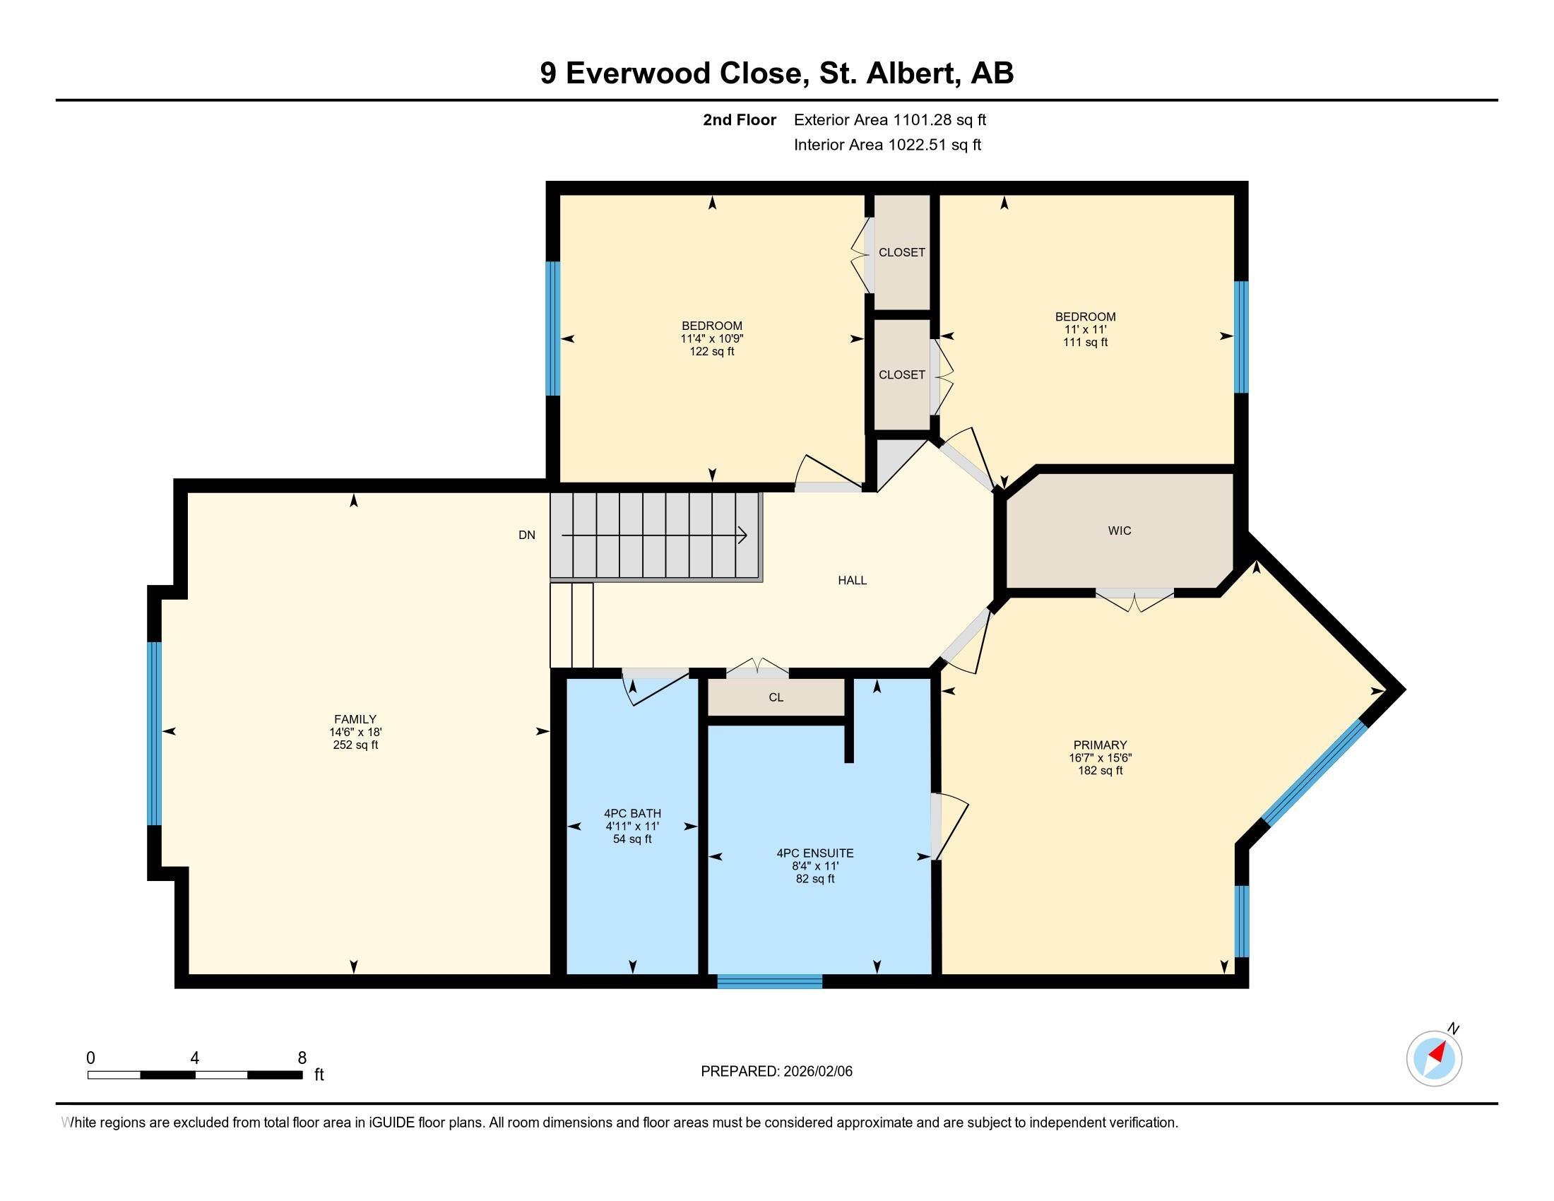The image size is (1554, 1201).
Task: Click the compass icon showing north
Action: (x=1434, y=1058)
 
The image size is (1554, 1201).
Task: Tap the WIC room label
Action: (x=1120, y=531)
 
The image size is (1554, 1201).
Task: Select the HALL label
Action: (x=852, y=581)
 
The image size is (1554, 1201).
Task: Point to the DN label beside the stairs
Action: (x=526, y=535)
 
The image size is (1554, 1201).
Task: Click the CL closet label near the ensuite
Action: (x=776, y=697)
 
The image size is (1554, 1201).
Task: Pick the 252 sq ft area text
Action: (x=355, y=745)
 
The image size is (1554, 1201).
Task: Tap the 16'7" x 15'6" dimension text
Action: (x=1100, y=758)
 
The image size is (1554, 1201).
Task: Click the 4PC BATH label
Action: (x=633, y=813)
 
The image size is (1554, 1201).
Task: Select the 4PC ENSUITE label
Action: (x=814, y=853)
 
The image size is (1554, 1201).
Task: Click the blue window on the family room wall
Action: (x=155, y=733)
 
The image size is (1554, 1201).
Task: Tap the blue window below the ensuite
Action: (x=770, y=981)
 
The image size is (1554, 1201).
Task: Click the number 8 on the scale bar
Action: (x=302, y=1058)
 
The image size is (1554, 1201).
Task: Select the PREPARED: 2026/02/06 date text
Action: (x=776, y=1072)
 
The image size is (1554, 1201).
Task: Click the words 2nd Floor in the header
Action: (x=740, y=119)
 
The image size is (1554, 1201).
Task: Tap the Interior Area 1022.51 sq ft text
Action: (x=887, y=144)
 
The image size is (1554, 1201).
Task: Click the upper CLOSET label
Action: (x=901, y=253)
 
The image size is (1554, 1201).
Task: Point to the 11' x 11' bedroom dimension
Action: (x=1085, y=329)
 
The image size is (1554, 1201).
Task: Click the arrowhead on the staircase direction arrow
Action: (x=743, y=535)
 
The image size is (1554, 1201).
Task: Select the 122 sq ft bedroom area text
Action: (x=711, y=352)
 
